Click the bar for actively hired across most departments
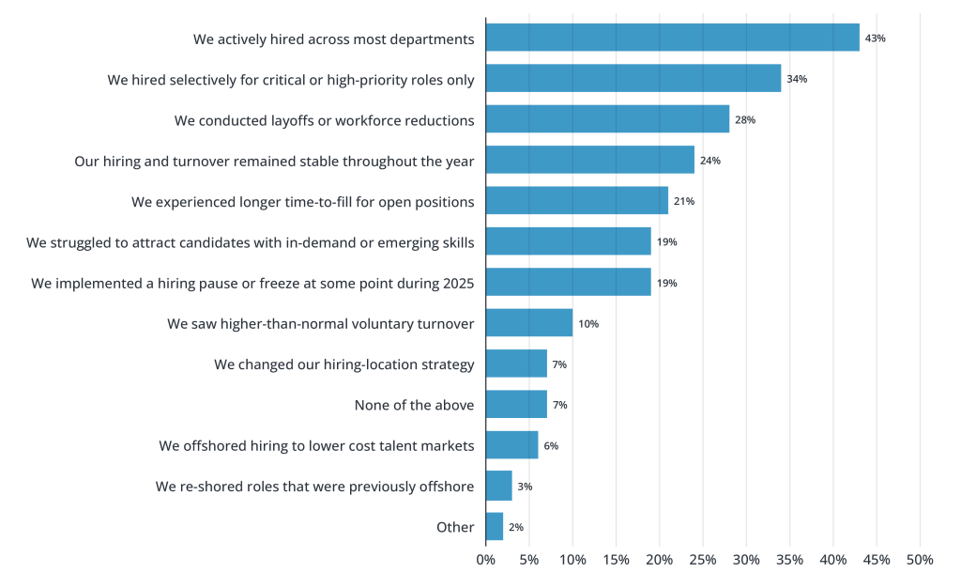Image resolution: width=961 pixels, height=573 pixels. tap(672, 38)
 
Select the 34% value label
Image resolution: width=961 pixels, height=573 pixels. tap(797, 79)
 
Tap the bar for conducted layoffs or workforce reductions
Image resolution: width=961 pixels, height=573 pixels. tap(607, 119)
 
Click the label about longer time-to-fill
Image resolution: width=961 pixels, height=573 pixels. tap(302, 201)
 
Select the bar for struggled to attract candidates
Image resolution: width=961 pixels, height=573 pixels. tap(568, 241)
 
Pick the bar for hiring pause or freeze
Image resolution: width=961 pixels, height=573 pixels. tap(568, 283)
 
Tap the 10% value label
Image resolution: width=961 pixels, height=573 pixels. tap(588, 324)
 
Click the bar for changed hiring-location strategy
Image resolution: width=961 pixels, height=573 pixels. tap(516, 364)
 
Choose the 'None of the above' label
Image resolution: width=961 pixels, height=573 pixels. tap(414, 405)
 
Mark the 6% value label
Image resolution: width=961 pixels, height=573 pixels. tap(551, 446)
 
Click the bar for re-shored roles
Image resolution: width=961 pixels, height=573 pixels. tap(498, 487)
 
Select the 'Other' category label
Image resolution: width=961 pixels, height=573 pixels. tap(455, 527)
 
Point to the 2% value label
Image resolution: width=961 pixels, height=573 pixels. tap(516, 528)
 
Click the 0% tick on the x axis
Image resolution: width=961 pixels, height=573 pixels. tap(485, 560)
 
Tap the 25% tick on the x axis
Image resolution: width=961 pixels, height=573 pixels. tap(702, 560)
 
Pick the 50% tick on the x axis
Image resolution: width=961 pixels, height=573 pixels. tap(919, 560)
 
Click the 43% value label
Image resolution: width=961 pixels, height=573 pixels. tap(875, 39)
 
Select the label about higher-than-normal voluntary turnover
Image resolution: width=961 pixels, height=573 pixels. tap(320, 323)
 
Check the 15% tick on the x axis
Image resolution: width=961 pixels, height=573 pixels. tap(616, 560)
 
